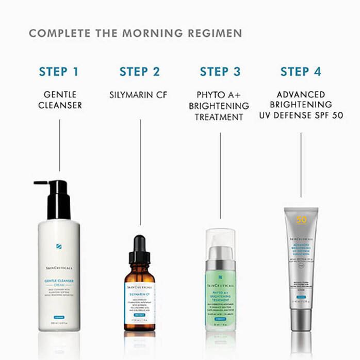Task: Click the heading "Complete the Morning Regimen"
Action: [x=135, y=34]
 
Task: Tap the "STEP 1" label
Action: [x=59, y=72]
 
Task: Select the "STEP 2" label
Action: [x=139, y=72]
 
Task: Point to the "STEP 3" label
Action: [x=220, y=72]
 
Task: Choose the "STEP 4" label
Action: [x=301, y=72]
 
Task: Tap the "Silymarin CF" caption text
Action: [x=139, y=95]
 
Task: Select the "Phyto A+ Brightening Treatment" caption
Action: [x=221, y=106]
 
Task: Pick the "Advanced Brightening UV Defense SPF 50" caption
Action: [x=301, y=106]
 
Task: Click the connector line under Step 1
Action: [x=59, y=145]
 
